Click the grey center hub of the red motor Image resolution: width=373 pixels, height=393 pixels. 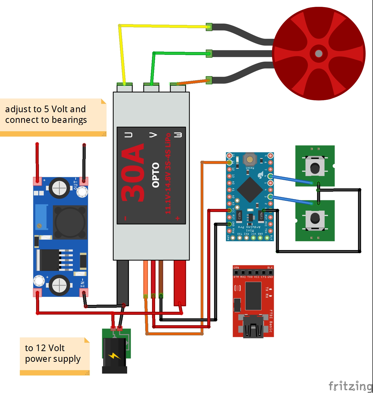(319, 54)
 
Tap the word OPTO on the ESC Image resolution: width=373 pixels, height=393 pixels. (156, 175)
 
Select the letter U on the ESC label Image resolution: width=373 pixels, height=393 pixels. (128, 135)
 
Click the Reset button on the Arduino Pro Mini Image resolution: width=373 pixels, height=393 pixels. (250, 159)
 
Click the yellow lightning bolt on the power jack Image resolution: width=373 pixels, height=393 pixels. (114, 356)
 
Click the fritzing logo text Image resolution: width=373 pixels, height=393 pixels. (350, 386)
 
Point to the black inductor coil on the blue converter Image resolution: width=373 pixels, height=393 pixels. (70, 222)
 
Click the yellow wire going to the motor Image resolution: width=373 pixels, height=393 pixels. (163, 26)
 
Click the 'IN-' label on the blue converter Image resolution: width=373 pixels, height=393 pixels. (82, 283)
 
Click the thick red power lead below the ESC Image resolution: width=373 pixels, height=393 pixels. (180, 282)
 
